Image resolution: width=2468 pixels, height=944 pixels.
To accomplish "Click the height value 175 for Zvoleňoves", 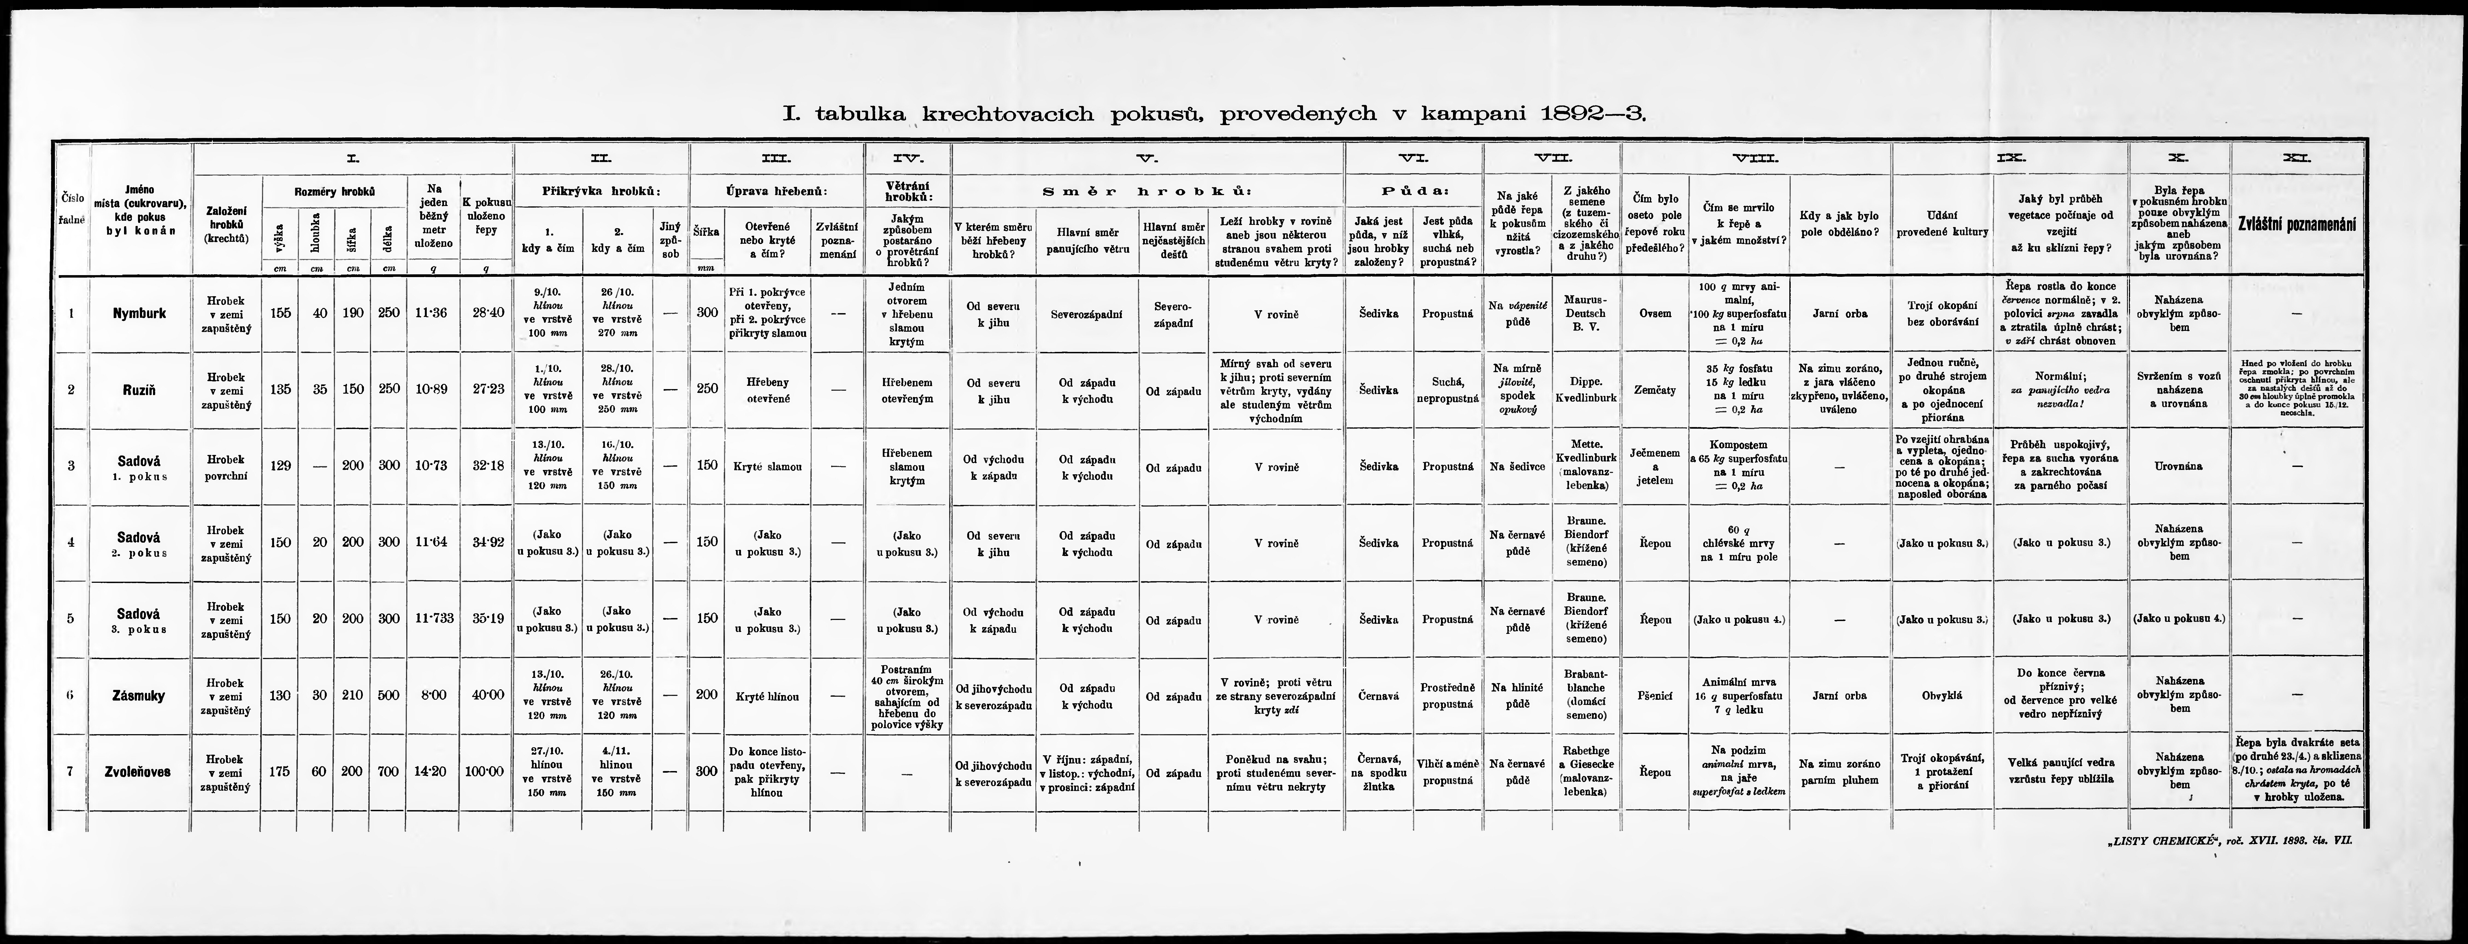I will click(x=279, y=772).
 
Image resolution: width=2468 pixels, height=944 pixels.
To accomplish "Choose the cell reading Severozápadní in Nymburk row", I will click(x=1086, y=313).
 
